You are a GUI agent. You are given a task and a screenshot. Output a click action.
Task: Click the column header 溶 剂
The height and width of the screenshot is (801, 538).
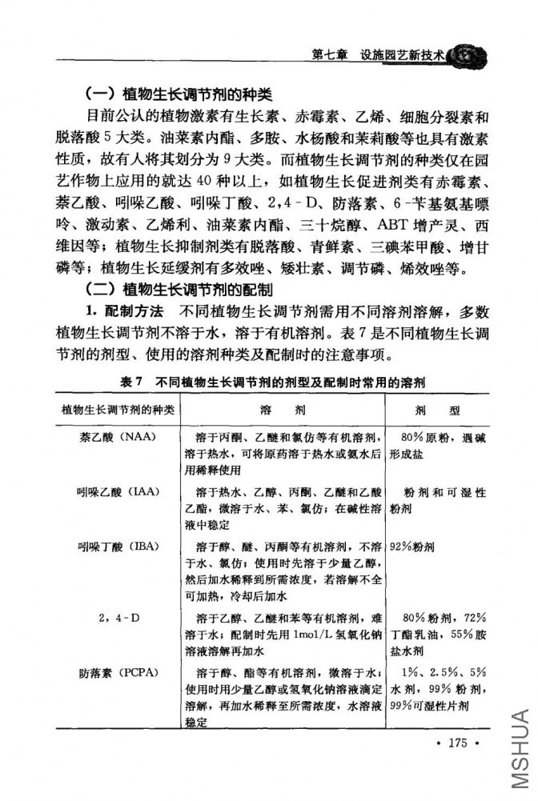tap(283, 411)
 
